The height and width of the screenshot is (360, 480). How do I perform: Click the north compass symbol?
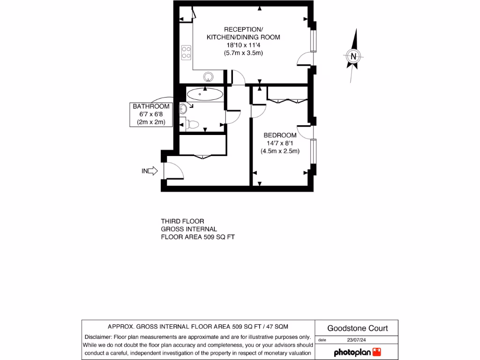[x=354, y=56]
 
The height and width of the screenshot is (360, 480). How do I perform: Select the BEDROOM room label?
[x=280, y=135]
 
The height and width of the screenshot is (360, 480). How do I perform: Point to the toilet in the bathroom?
[x=193, y=124]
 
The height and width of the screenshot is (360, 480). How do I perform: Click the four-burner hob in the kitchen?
[x=186, y=52]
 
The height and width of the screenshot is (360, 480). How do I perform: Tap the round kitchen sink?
[x=208, y=77]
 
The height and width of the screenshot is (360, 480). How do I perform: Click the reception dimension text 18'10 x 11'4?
[x=243, y=45]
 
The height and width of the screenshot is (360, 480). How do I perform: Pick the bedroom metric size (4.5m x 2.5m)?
[x=280, y=151]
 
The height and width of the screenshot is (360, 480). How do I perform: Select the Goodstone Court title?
[x=357, y=328]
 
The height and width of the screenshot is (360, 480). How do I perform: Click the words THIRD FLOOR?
[x=182, y=221]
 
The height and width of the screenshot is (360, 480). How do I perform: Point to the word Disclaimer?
[x=97, y=337]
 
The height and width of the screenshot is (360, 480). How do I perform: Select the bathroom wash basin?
[x=183, y=109]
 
